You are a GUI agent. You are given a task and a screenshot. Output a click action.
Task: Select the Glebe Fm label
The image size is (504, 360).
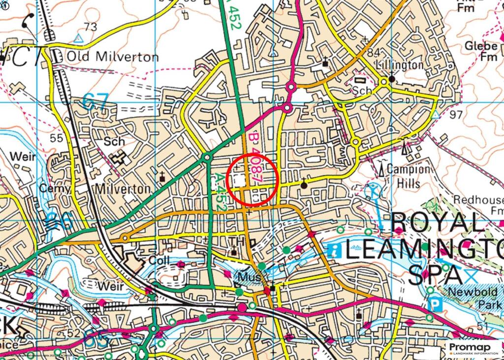(481, 51)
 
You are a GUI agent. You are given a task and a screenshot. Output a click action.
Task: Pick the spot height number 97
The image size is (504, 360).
(456, 114)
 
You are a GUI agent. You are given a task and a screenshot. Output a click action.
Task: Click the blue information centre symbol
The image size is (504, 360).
(336, 250)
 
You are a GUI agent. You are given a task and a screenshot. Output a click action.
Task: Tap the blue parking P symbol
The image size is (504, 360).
(434, 304)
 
